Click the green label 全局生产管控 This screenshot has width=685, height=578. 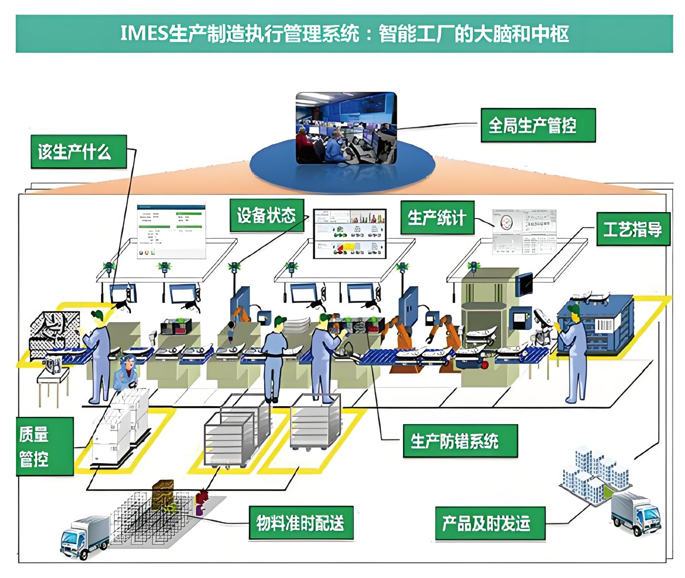point(538,125)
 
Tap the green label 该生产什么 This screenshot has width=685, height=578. point(78,152)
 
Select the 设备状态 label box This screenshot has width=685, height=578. point(266,215)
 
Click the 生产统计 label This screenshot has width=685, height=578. point(437,218)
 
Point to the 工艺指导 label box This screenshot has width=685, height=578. point(633,229)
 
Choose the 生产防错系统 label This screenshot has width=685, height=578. point(460,441)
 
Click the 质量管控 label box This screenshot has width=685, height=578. point(45,446)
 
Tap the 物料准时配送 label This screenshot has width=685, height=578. point(301,523)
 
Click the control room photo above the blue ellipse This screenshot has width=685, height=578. point(346,128)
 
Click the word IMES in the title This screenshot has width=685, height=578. point(143,33)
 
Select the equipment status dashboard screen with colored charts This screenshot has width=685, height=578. point(349,234)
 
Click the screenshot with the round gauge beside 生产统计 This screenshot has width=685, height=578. point(524,231)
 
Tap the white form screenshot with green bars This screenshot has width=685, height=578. point(171,231)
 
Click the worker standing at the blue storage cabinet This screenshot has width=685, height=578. point(574,351)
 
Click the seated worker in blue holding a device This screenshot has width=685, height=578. point(127,373)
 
